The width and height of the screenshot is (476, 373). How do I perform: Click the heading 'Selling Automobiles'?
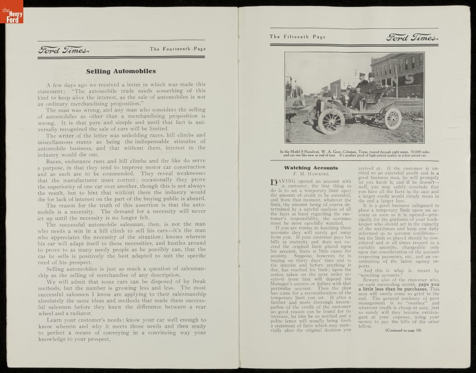coord(121,71)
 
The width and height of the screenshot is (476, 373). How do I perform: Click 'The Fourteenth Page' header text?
coord(177,49)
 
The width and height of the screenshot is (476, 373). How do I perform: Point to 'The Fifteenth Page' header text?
coord(298,37)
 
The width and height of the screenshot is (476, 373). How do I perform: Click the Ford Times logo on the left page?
coord(63,50)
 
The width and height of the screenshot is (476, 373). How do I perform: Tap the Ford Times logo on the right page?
coord(412,37)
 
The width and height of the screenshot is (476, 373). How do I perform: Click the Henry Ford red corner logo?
coord(11,12)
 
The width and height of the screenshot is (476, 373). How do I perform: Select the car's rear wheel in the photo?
coord(392,118)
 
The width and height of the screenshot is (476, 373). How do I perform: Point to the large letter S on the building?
coord(408,77)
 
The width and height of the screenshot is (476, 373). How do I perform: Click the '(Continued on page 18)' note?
coord(403,331)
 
